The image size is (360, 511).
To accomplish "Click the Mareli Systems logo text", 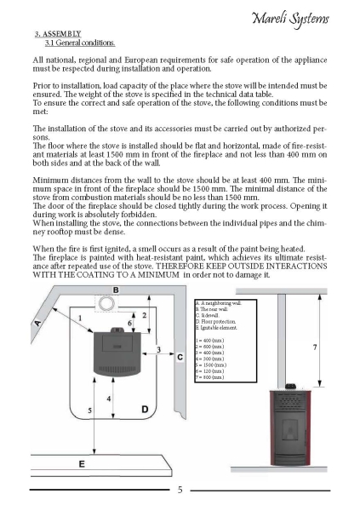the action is click(290, 20).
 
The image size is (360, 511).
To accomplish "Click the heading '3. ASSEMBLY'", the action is click(58, 34).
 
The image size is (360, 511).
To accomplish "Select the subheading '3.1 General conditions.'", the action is click(80, 43).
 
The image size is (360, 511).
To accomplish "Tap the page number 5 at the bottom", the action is click(180, 490).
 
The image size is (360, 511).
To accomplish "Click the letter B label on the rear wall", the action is click(116, 290).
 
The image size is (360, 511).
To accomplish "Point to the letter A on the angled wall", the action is click(38, 324).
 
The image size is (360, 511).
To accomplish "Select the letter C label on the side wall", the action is click(180, 358).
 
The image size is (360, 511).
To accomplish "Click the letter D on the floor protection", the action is click(145, 410).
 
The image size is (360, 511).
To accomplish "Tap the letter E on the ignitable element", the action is click(82, 464).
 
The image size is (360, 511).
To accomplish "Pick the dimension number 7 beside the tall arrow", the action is click(315, 347).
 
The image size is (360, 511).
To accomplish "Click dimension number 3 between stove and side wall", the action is click(158, 350).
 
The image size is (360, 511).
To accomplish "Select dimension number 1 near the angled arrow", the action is click(80, 318).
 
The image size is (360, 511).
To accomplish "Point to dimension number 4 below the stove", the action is click(109, 399).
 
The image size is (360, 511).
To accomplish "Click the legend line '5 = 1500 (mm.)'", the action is click(211, 365).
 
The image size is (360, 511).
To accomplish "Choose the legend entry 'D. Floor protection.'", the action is click(215, 322).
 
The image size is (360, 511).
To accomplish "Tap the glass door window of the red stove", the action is click(289, 430).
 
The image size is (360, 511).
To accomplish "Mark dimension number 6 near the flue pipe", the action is click(129, 323).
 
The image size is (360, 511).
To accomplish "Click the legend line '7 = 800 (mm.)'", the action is click(209, 377).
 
